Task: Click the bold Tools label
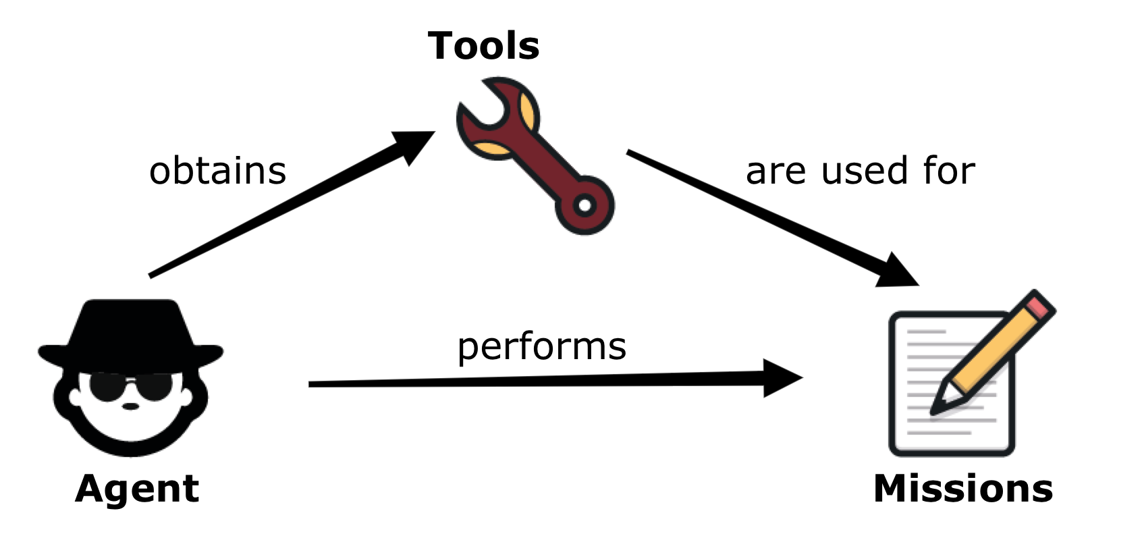[x=483, y=46]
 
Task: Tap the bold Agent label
[x=137, y=488]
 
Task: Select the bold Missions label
[x=962, y=488]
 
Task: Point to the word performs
[x=541, y=346]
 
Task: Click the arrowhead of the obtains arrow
[x=414, y=144]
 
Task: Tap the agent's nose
[x=130, y=406]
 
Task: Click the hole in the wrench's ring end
[x=585, y=204]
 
